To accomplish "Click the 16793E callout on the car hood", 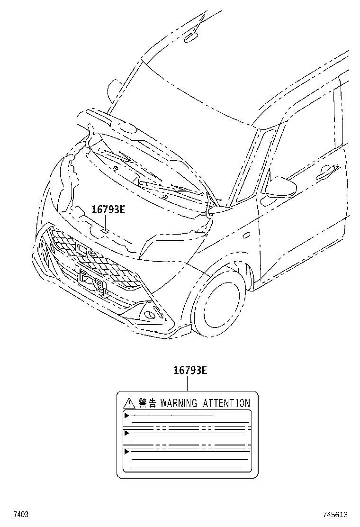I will pos(108,209).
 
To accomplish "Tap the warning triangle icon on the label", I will pos(128,404).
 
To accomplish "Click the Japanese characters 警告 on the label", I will pos(147,403).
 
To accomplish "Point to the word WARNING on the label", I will pos(179,403).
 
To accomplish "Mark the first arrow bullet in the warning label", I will pos(126,416).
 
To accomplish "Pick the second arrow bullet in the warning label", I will pos(126,433).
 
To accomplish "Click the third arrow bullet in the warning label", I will pos(126,452).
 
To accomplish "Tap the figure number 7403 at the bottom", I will pos(20,514).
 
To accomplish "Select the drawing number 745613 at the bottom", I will pos(335,514).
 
